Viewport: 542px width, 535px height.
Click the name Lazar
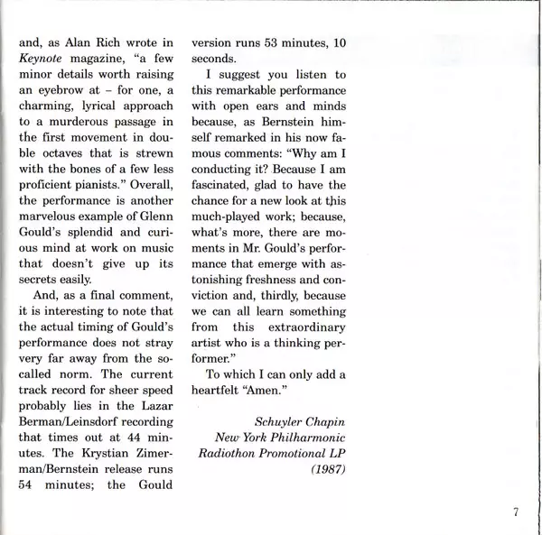[153, 406]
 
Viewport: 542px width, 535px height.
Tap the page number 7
[514, 514]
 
